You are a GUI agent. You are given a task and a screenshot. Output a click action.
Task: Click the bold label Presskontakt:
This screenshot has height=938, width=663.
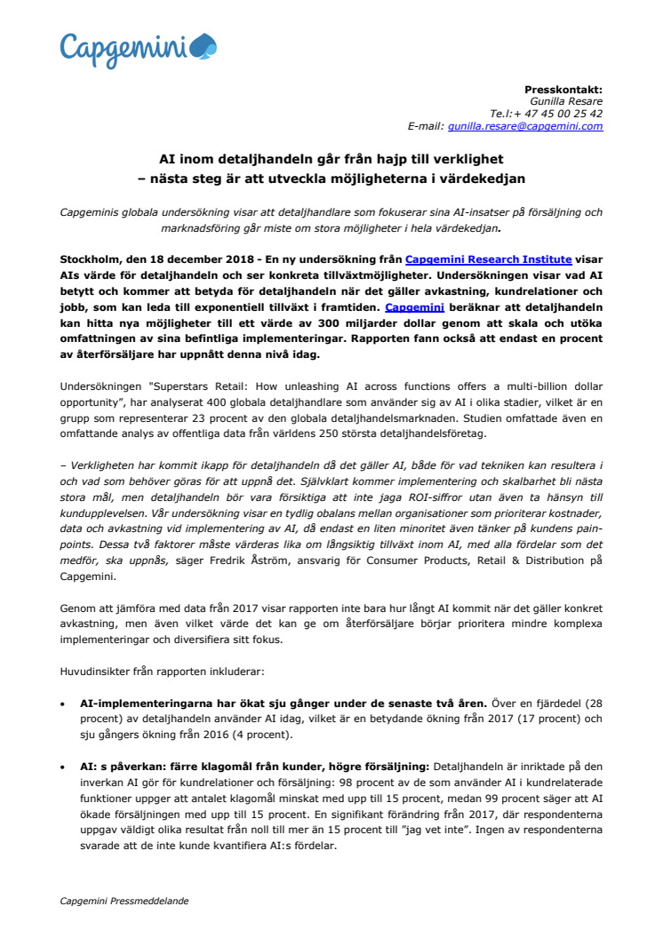(563, 90)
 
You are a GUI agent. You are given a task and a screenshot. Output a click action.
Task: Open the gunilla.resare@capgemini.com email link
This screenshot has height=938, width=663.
(525, 126)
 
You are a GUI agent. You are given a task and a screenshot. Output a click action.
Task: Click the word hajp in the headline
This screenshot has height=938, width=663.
(370, 160)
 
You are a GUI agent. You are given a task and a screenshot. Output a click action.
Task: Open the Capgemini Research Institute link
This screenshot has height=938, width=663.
(488, 259)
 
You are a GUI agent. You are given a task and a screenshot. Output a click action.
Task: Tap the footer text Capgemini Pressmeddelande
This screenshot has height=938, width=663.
(124, 901)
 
